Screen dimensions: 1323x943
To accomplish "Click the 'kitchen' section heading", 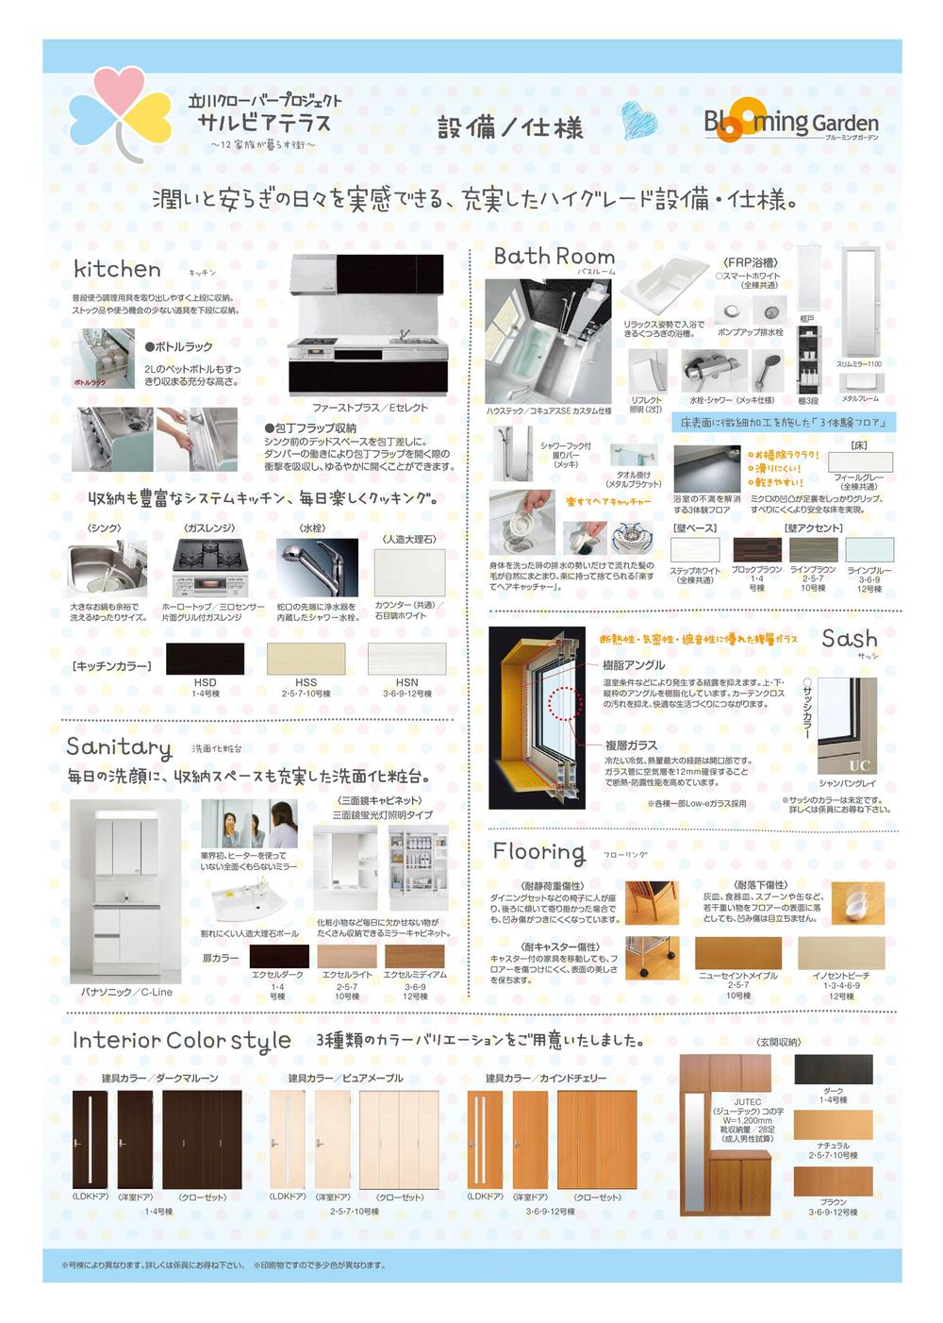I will click(x=117, y=269).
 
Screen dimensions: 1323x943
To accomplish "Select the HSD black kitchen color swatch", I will click(x=205, y=659).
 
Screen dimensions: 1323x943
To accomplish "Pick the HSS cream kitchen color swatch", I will click(x=306, y=659).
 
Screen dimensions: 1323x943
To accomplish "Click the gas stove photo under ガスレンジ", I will click(x=208, y=567).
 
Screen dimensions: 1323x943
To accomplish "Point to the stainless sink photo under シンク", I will click(x=108, y=569).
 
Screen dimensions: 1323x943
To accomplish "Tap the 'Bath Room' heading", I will click(x=554, y=256).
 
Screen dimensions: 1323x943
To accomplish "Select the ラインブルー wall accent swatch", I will click(x=869, y=550).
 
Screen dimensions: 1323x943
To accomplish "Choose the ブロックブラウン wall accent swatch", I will click(x=756, y=550).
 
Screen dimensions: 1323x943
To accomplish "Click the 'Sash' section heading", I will click(x=849, y=639).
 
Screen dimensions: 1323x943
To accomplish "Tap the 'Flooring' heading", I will click(x=538, y=851).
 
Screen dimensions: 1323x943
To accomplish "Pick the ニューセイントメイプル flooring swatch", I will click(x=737, y=953).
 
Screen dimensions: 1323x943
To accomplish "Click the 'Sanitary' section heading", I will click(x=119, y=747).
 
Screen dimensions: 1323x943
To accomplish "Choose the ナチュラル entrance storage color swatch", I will click(x=833, y=1125).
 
